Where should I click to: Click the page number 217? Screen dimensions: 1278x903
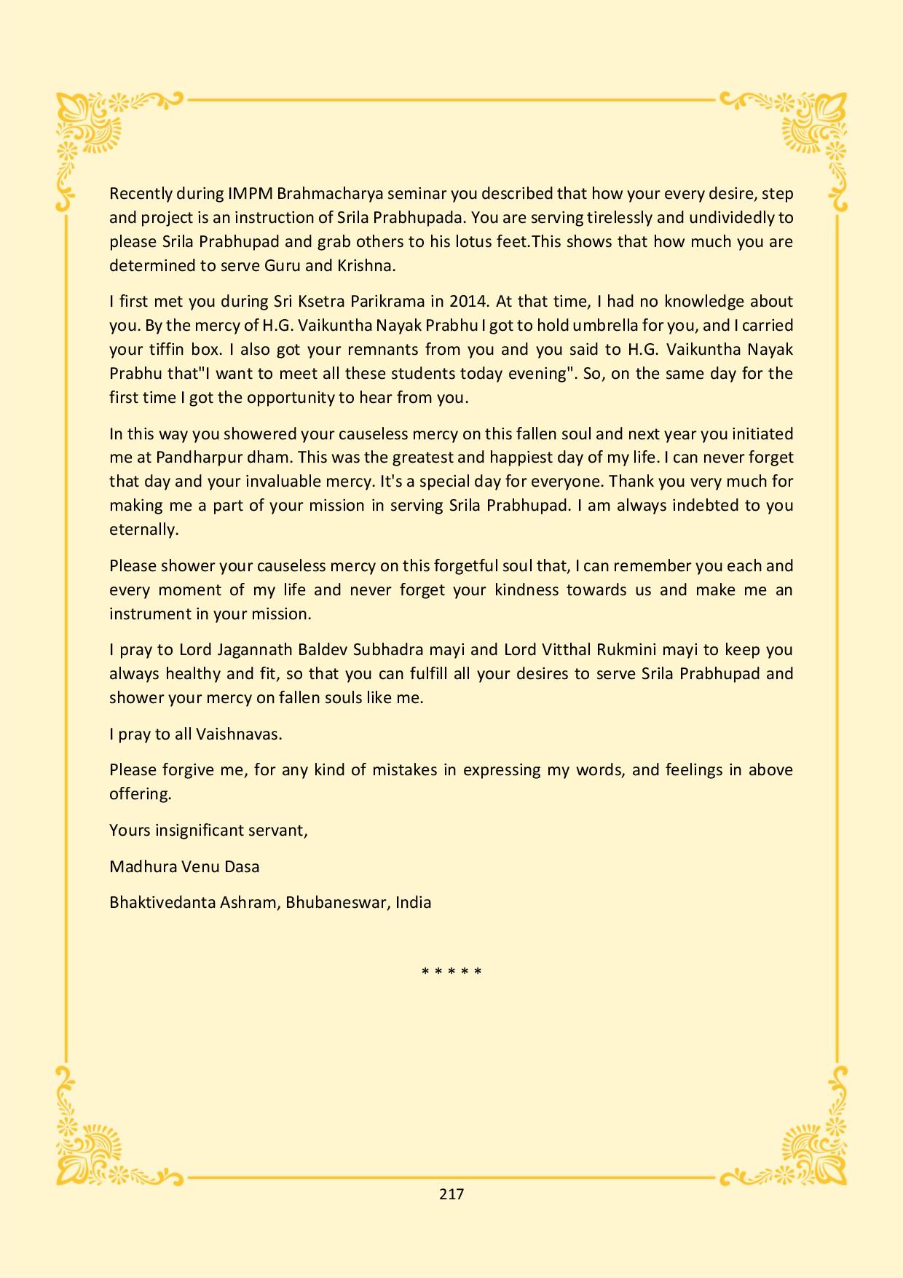tap(451, 1193)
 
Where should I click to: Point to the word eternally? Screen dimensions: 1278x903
tap(143, 530)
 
